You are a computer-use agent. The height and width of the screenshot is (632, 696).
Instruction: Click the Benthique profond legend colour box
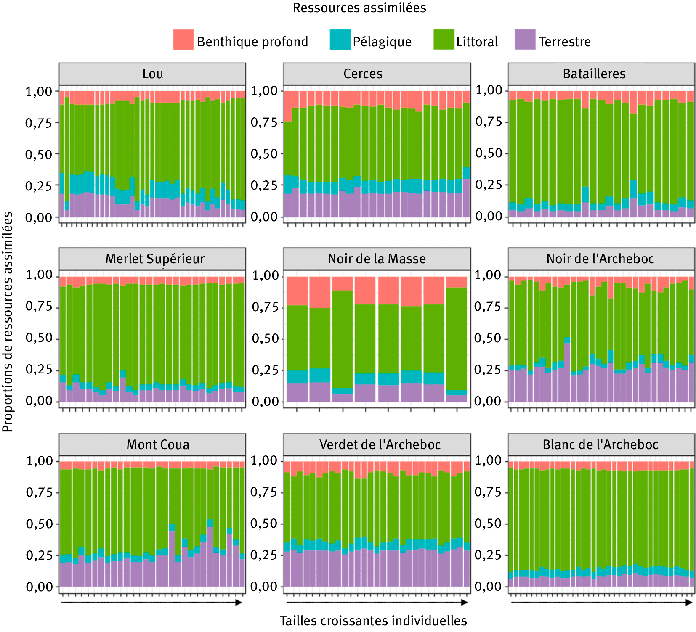pos(183,40)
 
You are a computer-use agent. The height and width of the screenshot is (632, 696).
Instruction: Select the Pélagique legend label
pos(382,42)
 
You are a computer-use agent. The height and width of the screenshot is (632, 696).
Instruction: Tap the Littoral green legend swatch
pos(444,40)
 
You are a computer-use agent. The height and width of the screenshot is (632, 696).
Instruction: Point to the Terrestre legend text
pos(565,42)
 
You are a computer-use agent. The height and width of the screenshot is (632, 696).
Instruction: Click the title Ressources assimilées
pos(359,8)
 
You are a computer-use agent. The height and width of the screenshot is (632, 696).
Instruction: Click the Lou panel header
pos(152,74)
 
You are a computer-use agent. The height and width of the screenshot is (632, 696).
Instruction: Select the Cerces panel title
pos(363,74)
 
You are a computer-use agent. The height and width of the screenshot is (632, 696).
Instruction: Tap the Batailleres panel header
pos(594,74)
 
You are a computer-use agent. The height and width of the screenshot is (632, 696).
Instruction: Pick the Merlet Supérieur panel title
pos(155,259)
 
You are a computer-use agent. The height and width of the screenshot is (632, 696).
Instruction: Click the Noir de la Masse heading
pos(377,259)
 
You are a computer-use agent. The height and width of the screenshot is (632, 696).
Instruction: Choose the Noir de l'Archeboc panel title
pos(600,259)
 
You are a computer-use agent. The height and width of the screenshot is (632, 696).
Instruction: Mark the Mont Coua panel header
pos(158,444)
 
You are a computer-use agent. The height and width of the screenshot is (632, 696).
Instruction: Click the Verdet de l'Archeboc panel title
pos(380,444)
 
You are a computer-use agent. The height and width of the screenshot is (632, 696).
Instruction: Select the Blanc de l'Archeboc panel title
pos(600,444)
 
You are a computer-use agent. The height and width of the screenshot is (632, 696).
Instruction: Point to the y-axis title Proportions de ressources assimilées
pos(8,322)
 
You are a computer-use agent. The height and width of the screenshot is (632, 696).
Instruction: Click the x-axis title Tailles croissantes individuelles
pos(373,621)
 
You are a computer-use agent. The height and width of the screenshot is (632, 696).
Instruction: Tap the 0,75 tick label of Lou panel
pos(39,123)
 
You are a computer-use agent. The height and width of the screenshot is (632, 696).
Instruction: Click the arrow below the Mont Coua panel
pos(151,603)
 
